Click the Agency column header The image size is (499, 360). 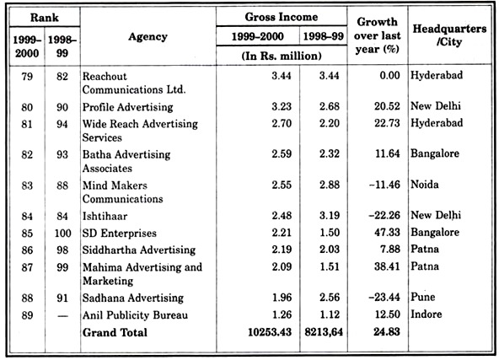point(148,37)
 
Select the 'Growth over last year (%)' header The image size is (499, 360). point(377,35)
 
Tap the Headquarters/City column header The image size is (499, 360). point(449,35)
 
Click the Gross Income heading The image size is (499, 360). point(282,17)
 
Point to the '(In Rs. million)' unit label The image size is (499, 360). point(282,56)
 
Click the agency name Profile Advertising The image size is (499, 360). point(127,107)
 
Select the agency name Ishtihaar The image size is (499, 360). point(105,216)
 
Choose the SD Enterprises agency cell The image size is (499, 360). point(120,234)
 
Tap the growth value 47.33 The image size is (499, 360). point(387,232)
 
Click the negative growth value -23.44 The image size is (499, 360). point(384,297)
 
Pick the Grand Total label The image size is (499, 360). point(115,333)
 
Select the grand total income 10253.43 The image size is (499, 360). point(270,332)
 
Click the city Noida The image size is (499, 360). point(425,185)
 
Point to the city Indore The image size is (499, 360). point(427,314)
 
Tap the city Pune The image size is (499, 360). point(422,297)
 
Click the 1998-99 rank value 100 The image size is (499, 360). point(62,233)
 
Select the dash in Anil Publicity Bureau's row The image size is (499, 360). point(62,316)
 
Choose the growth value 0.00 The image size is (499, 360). point(389,75)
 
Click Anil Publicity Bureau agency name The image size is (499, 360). point(135,315)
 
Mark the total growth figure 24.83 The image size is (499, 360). point(387,331)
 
